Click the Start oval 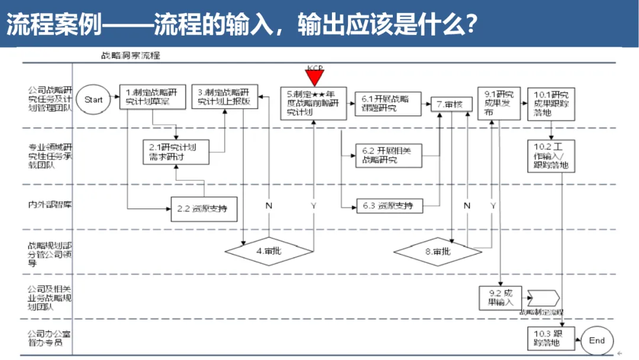[93, 100]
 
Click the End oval [596, 340]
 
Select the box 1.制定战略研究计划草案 [152, 97]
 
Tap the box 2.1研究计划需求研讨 [177, 153]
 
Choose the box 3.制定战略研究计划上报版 [224, 97]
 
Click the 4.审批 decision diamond [269, 250]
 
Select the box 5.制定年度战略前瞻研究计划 [314, 103]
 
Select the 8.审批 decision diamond [437, 251]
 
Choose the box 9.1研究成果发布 [496, 103]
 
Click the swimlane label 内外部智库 [45, 205]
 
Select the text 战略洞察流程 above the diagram [131, 56]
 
